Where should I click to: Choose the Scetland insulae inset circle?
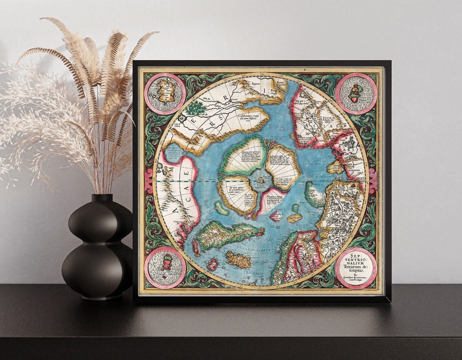click(165, 268)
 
